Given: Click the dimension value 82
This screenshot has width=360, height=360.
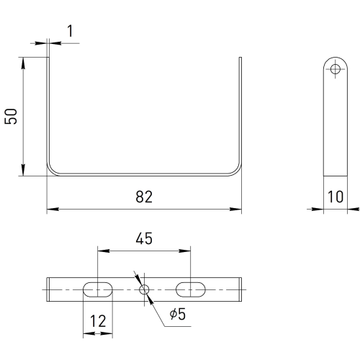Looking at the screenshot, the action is pyautogui.click(x=144, y=197).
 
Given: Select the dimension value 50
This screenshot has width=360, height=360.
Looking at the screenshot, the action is pyautogui.click(x=11, y=117).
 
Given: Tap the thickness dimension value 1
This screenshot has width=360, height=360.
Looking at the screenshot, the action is pyautogui.click(x=70, y=31).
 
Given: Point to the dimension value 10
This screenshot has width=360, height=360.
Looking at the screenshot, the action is pyautogui.click(x=336, y=197).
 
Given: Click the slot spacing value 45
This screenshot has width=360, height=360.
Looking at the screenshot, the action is pyautogui.click(x=144, y=238).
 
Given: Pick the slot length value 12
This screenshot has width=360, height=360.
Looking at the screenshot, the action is pyautogui.click(x=98, y=321).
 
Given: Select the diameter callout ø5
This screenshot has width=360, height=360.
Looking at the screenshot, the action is pyautogui.click(x=178, y=314).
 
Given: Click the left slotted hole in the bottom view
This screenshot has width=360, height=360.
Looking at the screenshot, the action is pyautogui.click(x=98, y=289).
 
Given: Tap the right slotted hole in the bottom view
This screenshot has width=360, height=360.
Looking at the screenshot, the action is pyautogui.click(x=191, y=289).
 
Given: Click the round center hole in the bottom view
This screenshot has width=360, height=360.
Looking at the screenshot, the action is pyautogui.click(x=144, y=289).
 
